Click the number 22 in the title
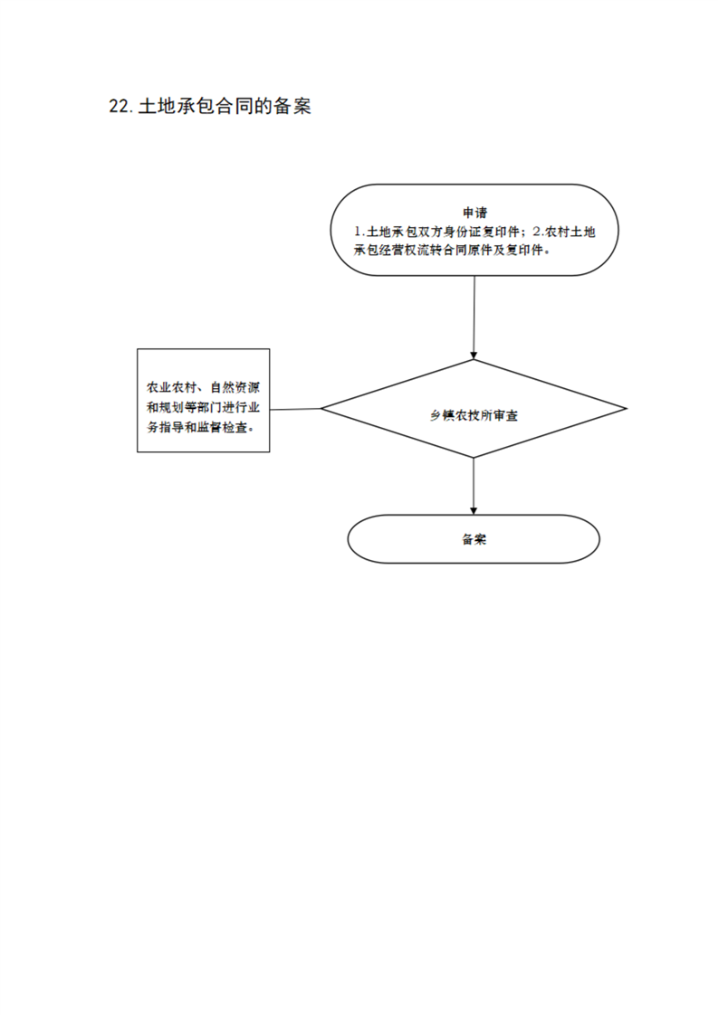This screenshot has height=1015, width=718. tap(120, 106)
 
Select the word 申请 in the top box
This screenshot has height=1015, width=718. tap(475, 213)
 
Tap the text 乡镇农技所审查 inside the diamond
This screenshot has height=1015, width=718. tap(474, 415)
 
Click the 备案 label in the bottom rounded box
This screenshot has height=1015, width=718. tap(474, 539)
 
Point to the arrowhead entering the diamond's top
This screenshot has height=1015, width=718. tap(474, 356)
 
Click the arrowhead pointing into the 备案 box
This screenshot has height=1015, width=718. tap(474, 511)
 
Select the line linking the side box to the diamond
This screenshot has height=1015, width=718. tap(295, 409)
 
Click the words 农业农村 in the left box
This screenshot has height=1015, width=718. tap(172, 388)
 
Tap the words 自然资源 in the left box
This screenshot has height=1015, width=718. tap(235, 388)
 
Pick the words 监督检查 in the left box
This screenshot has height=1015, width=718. tap(222, 428)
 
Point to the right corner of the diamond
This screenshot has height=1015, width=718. tap(627, 409)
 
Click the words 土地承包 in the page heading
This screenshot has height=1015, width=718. tap(177, 106)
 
